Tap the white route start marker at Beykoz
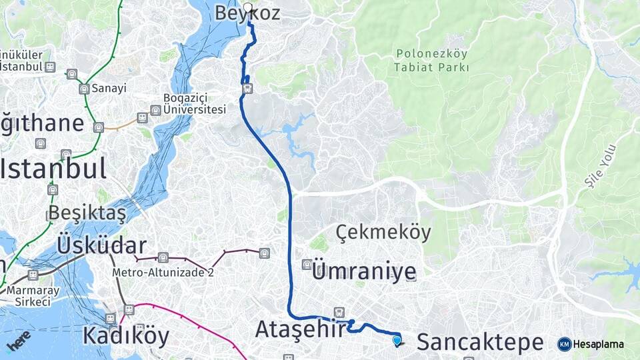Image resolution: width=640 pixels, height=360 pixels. point(248,7)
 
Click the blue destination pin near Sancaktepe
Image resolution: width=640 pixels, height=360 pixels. point(397,341)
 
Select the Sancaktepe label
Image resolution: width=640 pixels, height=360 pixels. point(480,343)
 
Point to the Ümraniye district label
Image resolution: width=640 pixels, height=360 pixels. point(364,271)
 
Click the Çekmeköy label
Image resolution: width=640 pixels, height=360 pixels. point(383,233)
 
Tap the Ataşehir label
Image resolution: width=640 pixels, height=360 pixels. point(301,329)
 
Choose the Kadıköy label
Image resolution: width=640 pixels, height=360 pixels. point(126,336)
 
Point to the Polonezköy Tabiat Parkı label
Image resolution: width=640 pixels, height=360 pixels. point(431,60)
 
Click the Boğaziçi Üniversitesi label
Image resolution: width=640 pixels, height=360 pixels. point(195,104)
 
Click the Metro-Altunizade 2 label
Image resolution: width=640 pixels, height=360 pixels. point(163,272)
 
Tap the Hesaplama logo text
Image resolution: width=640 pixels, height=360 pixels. point(598,344)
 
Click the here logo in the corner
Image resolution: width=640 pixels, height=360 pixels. point(19,341)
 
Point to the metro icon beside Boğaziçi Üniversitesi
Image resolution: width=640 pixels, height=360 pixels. point(155,111)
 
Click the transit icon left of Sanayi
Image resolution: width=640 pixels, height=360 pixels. point(84,89)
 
